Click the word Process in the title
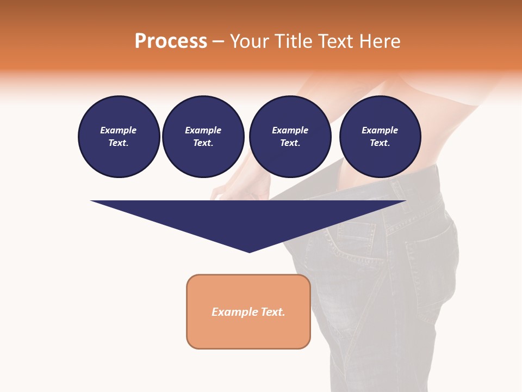click(x=171, y=41)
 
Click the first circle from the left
click(x=119, y=137)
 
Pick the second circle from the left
click(x=203, y=137)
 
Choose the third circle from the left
click(x=290, y=137)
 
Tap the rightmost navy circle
click(x=380, y=137)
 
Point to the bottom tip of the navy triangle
click(x=249, y=252)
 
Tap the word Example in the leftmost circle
click(x=119, y=130)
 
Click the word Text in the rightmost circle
click(x=379, y=143)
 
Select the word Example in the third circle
click(x=290, y=130)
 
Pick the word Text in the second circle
click(x=202, y=143)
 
